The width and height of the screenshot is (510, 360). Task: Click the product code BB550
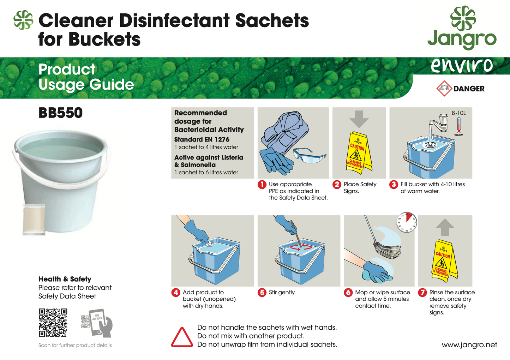tap(60, 113)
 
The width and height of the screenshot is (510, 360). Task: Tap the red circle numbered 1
tap(262, 185)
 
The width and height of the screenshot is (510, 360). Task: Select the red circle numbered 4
tap(176, 293)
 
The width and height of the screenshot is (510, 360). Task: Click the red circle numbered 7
tap(422, 293)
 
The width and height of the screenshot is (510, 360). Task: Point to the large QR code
tap(53, 323)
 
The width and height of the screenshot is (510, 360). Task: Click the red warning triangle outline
tap(182, 338)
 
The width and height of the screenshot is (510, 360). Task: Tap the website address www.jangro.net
tap(469, 345)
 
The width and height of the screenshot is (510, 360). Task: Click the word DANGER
tap(469, 89)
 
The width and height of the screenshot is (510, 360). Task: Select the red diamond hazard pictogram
tap(444, 89)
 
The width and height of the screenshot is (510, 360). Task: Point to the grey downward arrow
tap(359, 119)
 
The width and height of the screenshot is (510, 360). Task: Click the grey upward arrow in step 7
tap(445, 227)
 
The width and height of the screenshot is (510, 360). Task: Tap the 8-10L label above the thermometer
tap(458, 113)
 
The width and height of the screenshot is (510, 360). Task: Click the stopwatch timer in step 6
tap(406, 222)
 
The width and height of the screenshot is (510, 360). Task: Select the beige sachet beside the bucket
tap(34, 219)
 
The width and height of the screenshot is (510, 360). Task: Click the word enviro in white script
tap(462, 65)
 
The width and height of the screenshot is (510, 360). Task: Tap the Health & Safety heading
tap(65, 279)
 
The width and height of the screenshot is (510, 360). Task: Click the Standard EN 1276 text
tap(202, 139)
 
